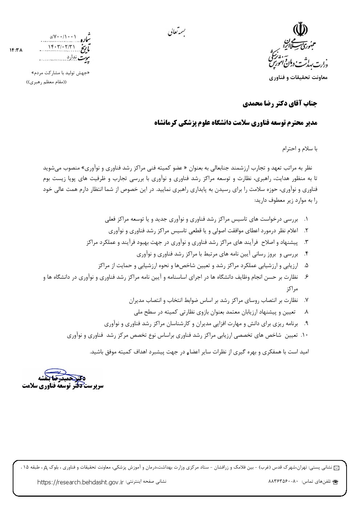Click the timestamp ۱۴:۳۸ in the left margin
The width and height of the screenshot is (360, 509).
point(16,50)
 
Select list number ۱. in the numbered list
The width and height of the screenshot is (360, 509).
point(306,219)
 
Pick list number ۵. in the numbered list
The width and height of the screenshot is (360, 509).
point(306,266)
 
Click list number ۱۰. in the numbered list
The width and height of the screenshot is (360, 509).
point(304,336)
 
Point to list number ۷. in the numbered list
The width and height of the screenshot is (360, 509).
point(306,300)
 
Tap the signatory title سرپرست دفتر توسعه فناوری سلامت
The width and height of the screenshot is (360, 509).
point(62,386)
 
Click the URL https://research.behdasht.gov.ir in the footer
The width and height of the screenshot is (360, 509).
point(81,482)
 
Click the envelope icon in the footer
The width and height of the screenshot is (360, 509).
point(336,468)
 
